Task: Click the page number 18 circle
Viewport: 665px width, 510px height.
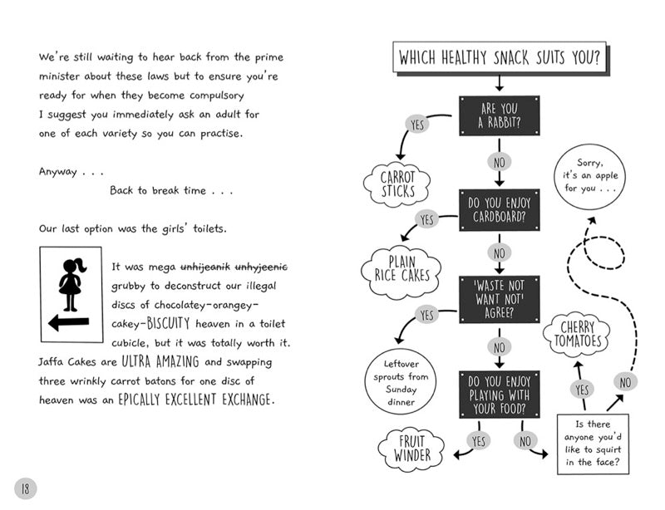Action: pyautogui.click(x=26, y=488)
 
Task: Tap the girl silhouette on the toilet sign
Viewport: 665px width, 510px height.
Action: pyautogui.click(x=71, y=284)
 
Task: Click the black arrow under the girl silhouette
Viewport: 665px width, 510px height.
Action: pyautogui.click(x=69, y=323)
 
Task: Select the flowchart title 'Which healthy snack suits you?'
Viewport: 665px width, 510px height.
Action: pyautogui.click(x=500, y=57)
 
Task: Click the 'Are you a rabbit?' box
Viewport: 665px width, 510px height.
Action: pyautogui.click(x=500, y=115)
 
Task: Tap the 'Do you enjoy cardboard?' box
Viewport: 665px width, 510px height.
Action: pyautogui.click(x=500, y=210)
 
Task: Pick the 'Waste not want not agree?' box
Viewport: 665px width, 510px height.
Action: pyautogui.click(x=500, y=299)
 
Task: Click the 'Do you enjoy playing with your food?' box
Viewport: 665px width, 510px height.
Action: pyautogui.click(x=500, y=395)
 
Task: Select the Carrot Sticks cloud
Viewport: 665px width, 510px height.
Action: pyautogui.click(x=397, y=184)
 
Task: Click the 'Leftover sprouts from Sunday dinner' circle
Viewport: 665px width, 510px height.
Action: pyautogui.click(x=401, y=382)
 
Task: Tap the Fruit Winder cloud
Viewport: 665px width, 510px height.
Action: pyautogui.click(x=411, y=449)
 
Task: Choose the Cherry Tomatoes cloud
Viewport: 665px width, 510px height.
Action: pyautogui.click(x=577, y=334)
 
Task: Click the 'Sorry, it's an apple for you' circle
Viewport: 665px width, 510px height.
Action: pyautogui.click(x=589, y=176)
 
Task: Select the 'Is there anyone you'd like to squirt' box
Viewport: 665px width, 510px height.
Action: pyautogui.click(x=593, y=444)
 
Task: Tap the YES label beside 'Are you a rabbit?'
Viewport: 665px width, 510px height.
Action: pyautogui.click(x=417, y=125)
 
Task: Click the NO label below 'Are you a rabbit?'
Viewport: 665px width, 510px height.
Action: pyautogui.click(x=500, y=162)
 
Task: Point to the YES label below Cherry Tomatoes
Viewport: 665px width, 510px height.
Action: pyautogui.click(x=582, y=390)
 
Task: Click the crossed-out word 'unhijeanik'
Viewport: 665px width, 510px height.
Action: pyautogui.click(x=205, y=267)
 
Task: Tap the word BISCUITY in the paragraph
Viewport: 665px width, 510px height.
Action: pyautogui.click(x=169, y=323)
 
